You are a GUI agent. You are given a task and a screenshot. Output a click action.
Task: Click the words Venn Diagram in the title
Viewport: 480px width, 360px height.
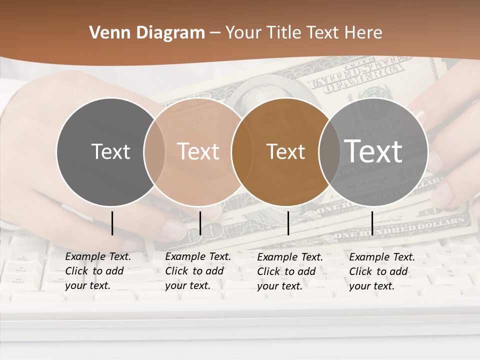(x=147, y=33)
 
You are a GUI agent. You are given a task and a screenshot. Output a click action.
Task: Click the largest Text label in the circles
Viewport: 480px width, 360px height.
(x=373, y=151)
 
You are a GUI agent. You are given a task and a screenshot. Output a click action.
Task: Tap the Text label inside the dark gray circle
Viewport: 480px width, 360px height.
(x=111, y=151)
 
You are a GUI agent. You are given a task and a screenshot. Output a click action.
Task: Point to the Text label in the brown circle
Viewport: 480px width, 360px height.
(x=286, y=151)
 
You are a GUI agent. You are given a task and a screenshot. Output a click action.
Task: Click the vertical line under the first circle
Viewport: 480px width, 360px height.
(x=112, y=223)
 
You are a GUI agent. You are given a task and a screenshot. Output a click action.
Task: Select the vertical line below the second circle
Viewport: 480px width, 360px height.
(x=200, y=223)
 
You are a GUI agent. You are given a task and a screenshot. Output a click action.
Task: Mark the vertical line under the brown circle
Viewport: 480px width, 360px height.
(x=288, y=223)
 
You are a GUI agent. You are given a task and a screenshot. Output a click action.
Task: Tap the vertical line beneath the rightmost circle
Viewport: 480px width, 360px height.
(x=372, y=223)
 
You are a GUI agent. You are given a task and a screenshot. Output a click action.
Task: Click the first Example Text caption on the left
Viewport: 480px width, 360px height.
(x=97, y=271)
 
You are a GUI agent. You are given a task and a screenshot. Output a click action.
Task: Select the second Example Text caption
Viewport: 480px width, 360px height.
(x=197, y=271)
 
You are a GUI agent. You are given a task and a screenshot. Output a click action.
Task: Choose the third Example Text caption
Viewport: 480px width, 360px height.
(x=289, y=271)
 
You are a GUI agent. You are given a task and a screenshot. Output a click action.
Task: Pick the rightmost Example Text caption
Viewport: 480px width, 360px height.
(x=381, y=271)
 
